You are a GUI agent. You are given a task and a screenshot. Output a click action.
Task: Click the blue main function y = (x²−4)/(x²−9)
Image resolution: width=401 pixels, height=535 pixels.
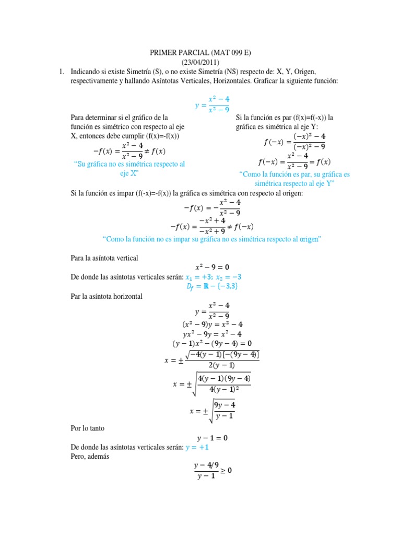pos(212,104)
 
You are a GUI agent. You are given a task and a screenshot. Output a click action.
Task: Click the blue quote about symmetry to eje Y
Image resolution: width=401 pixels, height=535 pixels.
pos(294,179)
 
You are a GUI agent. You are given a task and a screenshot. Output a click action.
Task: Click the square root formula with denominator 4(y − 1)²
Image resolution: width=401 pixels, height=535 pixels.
pos(212,384)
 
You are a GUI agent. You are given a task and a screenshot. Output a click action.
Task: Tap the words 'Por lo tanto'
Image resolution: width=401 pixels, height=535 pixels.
pos(88,427)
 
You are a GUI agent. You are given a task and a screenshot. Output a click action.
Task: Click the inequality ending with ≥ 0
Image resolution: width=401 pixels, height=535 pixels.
pos(212,471)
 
